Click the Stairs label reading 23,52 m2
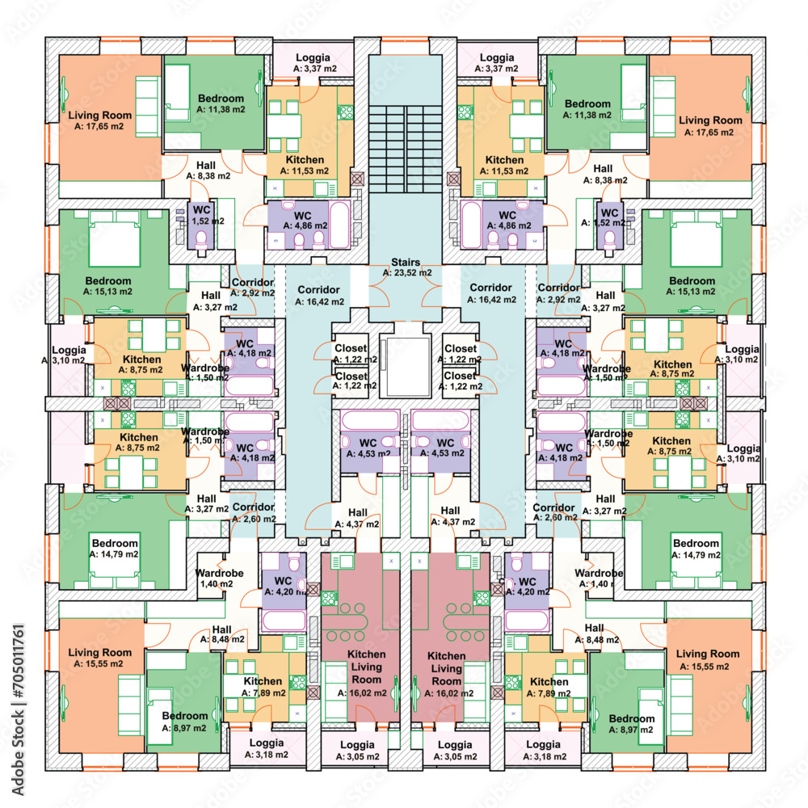[406, 267]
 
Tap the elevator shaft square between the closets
[405, 366]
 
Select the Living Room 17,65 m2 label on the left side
[99, 120]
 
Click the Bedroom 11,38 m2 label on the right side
[587, 109]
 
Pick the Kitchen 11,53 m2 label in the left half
[305, 165]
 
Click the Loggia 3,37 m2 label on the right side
[497, 62]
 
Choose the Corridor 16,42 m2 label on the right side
[491, 293]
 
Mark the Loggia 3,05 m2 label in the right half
[455, 751]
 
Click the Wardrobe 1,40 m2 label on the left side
[218, 579]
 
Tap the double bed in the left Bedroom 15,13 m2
[115, 238]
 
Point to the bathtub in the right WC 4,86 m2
[471, 225]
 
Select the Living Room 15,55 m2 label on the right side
[707, 659]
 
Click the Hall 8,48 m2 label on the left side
[222, 634]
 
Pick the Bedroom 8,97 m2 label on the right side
[631, 724]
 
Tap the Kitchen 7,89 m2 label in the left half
[263, 686]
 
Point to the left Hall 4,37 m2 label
[357, 518]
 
